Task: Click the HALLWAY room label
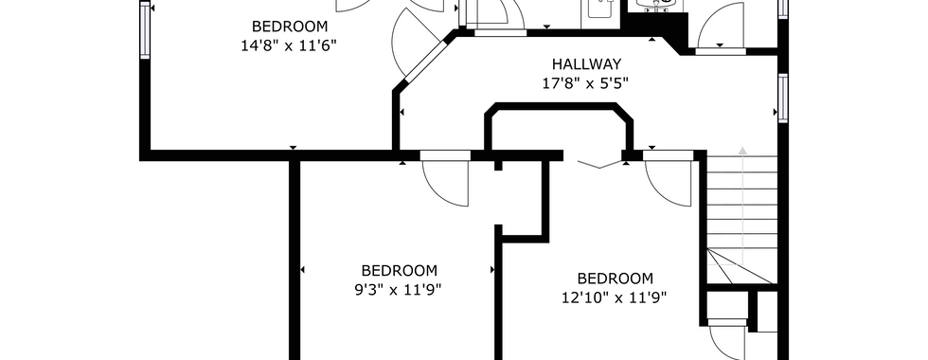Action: [x=586, y=64]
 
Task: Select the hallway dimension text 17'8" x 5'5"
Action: [x=585, y=83]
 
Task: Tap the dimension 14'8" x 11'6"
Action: [x=290, y=46]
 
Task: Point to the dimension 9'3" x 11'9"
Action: [x=399, y=290]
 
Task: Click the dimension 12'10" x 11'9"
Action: [x=615, y=297]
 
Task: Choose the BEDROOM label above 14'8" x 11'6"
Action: [x=290, y=27]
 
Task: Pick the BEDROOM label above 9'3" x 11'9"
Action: [x=399, y=271]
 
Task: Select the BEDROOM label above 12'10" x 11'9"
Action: [x=615, y=279]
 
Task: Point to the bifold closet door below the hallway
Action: [x=600, y=164]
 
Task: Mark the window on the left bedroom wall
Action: [x=145, y=29]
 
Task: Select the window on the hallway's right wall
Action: [x=783, y=99]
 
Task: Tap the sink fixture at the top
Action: [x=657, y=5]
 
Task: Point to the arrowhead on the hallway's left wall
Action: [x=402, y=112]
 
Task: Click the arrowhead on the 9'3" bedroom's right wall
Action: [x=492, y=270]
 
